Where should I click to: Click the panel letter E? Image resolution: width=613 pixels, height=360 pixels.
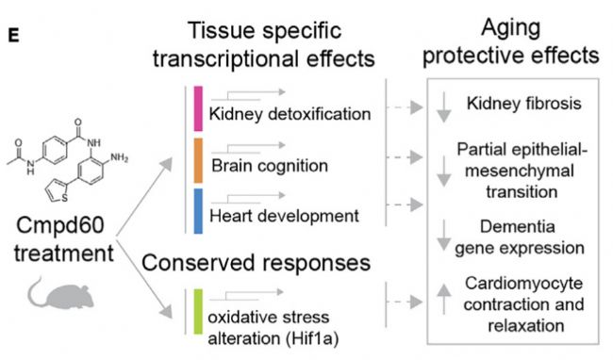point(13,36)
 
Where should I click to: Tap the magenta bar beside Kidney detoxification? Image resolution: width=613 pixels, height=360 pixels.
point(198,108)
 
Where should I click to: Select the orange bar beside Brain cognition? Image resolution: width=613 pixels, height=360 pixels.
point(198,160)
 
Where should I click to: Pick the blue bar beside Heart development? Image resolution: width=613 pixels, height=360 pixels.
point(198,211)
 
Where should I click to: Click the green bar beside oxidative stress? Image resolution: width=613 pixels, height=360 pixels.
point(198,312)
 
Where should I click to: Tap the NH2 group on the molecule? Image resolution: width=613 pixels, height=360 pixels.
point(119,157)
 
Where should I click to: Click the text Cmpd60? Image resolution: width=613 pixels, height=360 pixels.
point(60,225)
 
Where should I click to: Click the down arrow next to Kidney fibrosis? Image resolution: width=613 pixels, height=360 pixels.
point(444,107)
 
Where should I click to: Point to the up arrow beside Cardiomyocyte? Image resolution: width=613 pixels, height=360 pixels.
point(444,299)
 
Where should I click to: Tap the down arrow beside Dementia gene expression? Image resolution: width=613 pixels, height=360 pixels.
point(444,236)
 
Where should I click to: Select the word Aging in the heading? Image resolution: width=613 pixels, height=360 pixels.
point(511,28)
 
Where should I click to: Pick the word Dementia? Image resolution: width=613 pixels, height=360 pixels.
point(517,226)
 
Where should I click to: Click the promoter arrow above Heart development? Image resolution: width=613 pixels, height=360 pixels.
point(248,198)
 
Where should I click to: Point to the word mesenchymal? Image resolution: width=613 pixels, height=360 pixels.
point(520,171)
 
